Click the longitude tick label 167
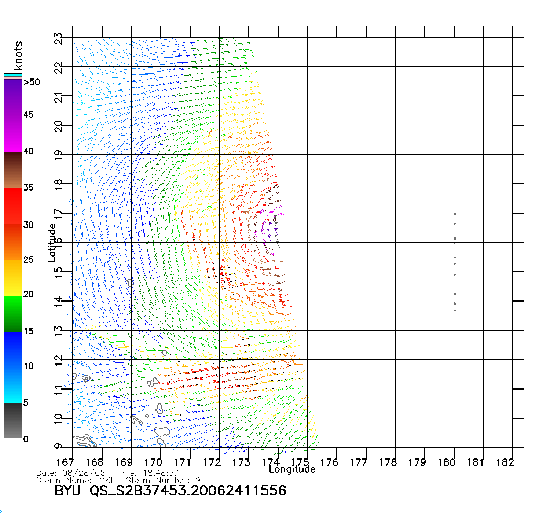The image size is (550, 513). pyautogui.click(x=65, y=462)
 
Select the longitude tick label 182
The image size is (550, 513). pyautogui.click(x=505, y=462)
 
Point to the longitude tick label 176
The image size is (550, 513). pyautogui.click(x=329, y=462)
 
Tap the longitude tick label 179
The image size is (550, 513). pyautogui.click(x=417, y=462)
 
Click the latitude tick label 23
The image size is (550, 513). pyautogui.click(x=59, y=38)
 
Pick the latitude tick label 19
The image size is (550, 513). pyautogui.click(x=59, y=156)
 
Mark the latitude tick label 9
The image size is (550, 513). pyautogui.click(x=59, y=446)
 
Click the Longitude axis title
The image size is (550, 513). pyautogui.click(x=292, y=469)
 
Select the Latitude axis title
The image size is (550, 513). pyautogui.click(x=52, y=243)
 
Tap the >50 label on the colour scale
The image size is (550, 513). pyautogui.click(x=32, y=82)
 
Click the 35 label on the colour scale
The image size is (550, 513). pyautogui.click(x=29, y=188)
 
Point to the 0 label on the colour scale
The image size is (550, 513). pyautogui.click(x=26, y=439)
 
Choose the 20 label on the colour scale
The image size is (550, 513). pyautogui.click(x=29, y=294)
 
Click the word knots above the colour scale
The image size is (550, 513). pyautogui.click(x=18, y=55)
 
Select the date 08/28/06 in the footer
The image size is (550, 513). pyautogui.click(x=84, y=473)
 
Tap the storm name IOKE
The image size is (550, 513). pyautogui.click(x=106, y=480)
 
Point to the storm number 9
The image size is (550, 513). pyautogui.click(x=198, y=480)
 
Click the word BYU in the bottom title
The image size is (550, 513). pyautogui.click(x=67, y=491)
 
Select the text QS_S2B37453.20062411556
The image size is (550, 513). pyautogui.click(x=188, y=491)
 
